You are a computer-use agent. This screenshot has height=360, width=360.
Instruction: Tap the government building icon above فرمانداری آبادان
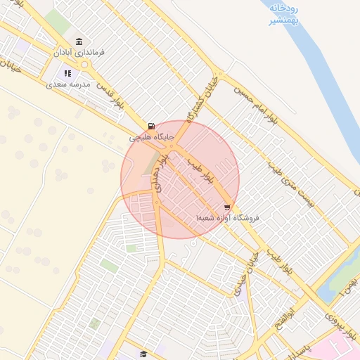click(x=77, y=41)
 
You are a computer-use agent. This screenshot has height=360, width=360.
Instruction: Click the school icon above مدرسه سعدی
click(x=67, y=73)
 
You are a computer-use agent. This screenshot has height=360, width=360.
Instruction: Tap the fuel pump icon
click(x=152, y=126)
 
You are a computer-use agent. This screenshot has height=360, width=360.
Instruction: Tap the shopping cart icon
click(x=226, y=207)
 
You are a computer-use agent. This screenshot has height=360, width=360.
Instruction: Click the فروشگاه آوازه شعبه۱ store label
click(x=228, y=219)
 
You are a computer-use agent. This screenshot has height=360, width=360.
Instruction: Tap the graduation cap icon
click(x=143, y=354)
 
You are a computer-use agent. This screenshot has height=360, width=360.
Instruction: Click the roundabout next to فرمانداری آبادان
click(x=86, y=65)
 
